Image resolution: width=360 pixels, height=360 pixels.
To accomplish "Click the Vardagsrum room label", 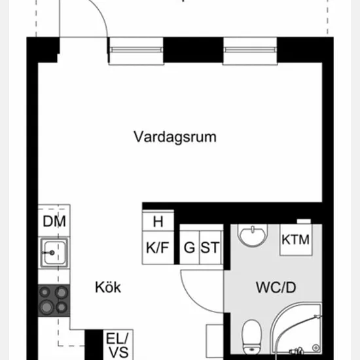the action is point(175,137).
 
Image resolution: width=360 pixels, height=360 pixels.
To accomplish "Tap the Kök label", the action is point(108,287).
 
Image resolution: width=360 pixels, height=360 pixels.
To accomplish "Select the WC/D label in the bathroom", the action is point(276,287).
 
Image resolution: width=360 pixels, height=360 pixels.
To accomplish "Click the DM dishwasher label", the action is point(54,221).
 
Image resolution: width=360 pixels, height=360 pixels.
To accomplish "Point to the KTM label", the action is point(295,240).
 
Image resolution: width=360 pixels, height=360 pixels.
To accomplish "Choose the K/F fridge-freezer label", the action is point(158,247).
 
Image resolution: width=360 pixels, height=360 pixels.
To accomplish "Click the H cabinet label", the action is point(158,221).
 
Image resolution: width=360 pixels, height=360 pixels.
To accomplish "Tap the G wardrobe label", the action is point(189,247).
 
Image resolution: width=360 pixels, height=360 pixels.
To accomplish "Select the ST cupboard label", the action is point(210,247).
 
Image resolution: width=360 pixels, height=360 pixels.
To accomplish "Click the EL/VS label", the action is point(117,345).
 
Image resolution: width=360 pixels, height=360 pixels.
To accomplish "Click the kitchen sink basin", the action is point(54,253).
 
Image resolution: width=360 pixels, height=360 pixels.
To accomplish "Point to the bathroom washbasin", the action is point(253,235).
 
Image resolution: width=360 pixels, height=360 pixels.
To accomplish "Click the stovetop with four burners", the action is point(54,300).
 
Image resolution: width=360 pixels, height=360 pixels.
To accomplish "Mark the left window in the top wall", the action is point(136,50).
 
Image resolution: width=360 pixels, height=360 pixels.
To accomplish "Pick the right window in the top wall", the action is point(250,50).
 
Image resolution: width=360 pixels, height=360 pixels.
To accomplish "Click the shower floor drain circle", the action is point(316,348).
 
